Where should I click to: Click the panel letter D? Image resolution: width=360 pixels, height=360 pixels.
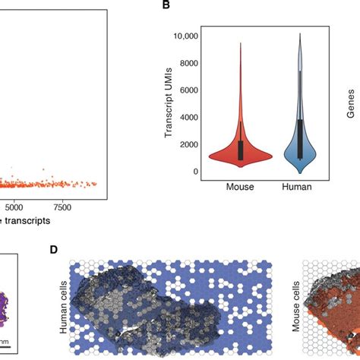point(53,249)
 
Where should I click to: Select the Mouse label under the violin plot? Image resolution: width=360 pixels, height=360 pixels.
point(241,187)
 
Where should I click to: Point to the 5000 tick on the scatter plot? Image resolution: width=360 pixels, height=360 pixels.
point(13,206)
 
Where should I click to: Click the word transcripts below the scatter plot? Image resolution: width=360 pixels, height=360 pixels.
point(30,221)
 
